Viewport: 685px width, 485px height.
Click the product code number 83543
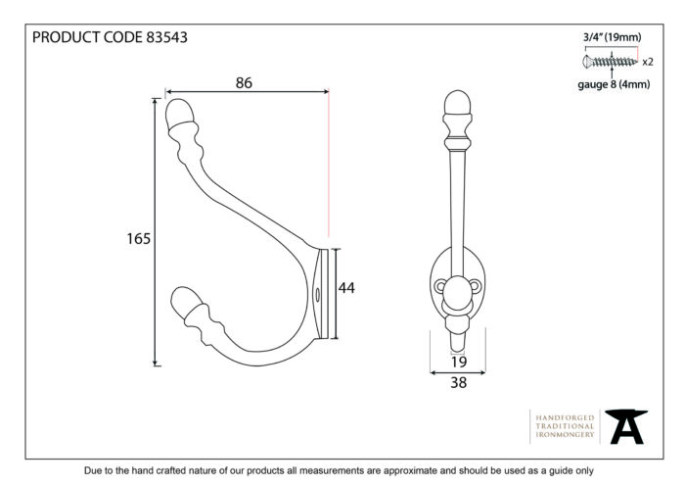click(x=166, y=37)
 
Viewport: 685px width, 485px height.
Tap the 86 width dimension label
click(x=244, y=82)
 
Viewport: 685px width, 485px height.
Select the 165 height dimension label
click(x=139, y=239)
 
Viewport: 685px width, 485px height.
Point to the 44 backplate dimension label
click(x=346, y=288)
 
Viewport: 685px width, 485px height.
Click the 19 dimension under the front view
click(x=459, y=362)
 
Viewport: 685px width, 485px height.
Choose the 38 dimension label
click(x=459, y=383)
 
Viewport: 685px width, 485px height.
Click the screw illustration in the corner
click(x=610, y=62)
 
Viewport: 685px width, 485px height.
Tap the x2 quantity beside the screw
click(x=648, y=62)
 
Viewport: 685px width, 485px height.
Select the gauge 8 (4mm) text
click(x=614, y=84)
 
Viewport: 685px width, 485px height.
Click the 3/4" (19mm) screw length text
click(x=613, y=37)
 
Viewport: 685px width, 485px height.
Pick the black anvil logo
click(x=626, y=426)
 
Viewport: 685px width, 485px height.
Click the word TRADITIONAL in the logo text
click(x=565, y=426)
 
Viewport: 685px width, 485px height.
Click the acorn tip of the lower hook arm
click(x=185, y=300)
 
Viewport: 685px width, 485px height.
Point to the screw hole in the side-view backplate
click(x=318, y=294)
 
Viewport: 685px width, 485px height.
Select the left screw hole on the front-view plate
click(x=440, y=286)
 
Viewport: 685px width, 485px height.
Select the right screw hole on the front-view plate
click(x=475, y=286)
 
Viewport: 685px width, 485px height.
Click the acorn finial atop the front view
click(x=457, y=103)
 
